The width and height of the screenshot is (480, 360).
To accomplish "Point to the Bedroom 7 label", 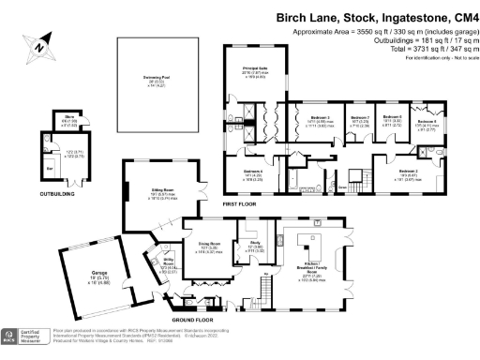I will [359, 119].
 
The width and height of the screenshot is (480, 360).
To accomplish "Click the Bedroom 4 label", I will [253, 172].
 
